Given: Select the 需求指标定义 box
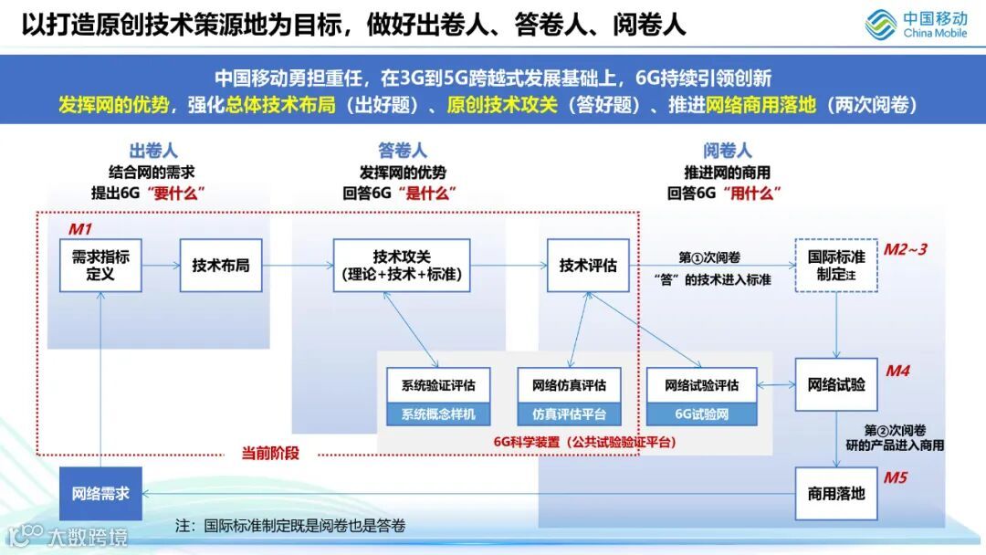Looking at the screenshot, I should click(x=100, y=266).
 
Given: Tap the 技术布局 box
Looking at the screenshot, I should click(x=221, y=266).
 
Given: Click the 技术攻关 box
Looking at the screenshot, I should click(x=402, y=266).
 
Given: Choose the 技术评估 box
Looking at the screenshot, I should click(x=588, y=266).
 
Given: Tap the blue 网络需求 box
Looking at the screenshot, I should click(x=100, y=494).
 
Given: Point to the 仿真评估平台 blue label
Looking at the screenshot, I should click(x=569, y=414).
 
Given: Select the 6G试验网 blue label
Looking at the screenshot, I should click(x=701, y=414).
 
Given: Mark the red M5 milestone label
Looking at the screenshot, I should click(x=895, y=476).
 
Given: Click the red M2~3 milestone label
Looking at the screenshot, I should click(x=905, y=249).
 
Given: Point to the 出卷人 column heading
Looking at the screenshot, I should click(x=152, y=151).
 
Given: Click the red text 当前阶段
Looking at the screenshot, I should click(x=270, y=452).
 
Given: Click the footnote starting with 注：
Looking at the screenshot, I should click(x=290, y=526).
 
